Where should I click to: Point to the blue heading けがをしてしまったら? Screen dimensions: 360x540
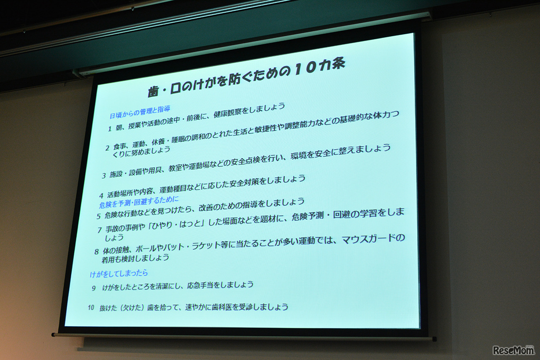click(x=119, y=273)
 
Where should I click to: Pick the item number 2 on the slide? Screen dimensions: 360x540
click(x=107, y=148)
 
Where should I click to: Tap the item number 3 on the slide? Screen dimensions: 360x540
click(x=104, y=175)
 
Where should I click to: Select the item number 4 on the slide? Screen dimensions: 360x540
click(x=101, y=195)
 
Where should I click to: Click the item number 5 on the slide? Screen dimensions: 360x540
click(x=98, y=217)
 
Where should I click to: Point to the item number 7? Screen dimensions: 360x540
click(x=100, y=230)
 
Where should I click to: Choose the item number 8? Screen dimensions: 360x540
click(x=97, y=252)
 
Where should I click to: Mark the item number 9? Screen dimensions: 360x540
click(x=94, y=288)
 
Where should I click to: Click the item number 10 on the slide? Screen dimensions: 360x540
click(x=91, y=308)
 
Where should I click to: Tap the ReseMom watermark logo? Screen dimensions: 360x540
click(x=513, y=350)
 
